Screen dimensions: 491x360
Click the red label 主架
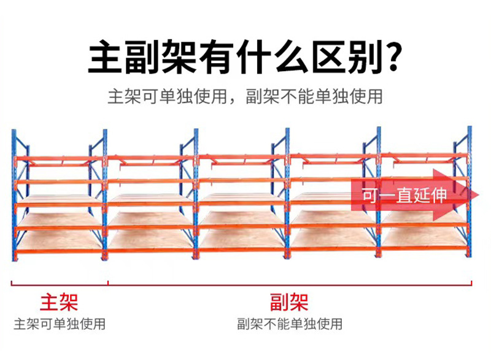59,302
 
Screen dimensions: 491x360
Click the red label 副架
288,302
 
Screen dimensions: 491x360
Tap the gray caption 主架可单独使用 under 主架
60,323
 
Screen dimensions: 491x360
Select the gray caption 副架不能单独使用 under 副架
289,323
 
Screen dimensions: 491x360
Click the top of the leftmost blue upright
14,132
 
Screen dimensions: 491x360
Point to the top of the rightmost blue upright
470,129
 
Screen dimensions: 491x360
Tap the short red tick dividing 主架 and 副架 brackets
109,283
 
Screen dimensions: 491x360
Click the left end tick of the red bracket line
13,283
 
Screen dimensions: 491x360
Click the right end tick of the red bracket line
471,283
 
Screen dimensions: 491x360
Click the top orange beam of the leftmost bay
58,159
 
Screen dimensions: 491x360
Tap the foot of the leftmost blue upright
14,258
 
